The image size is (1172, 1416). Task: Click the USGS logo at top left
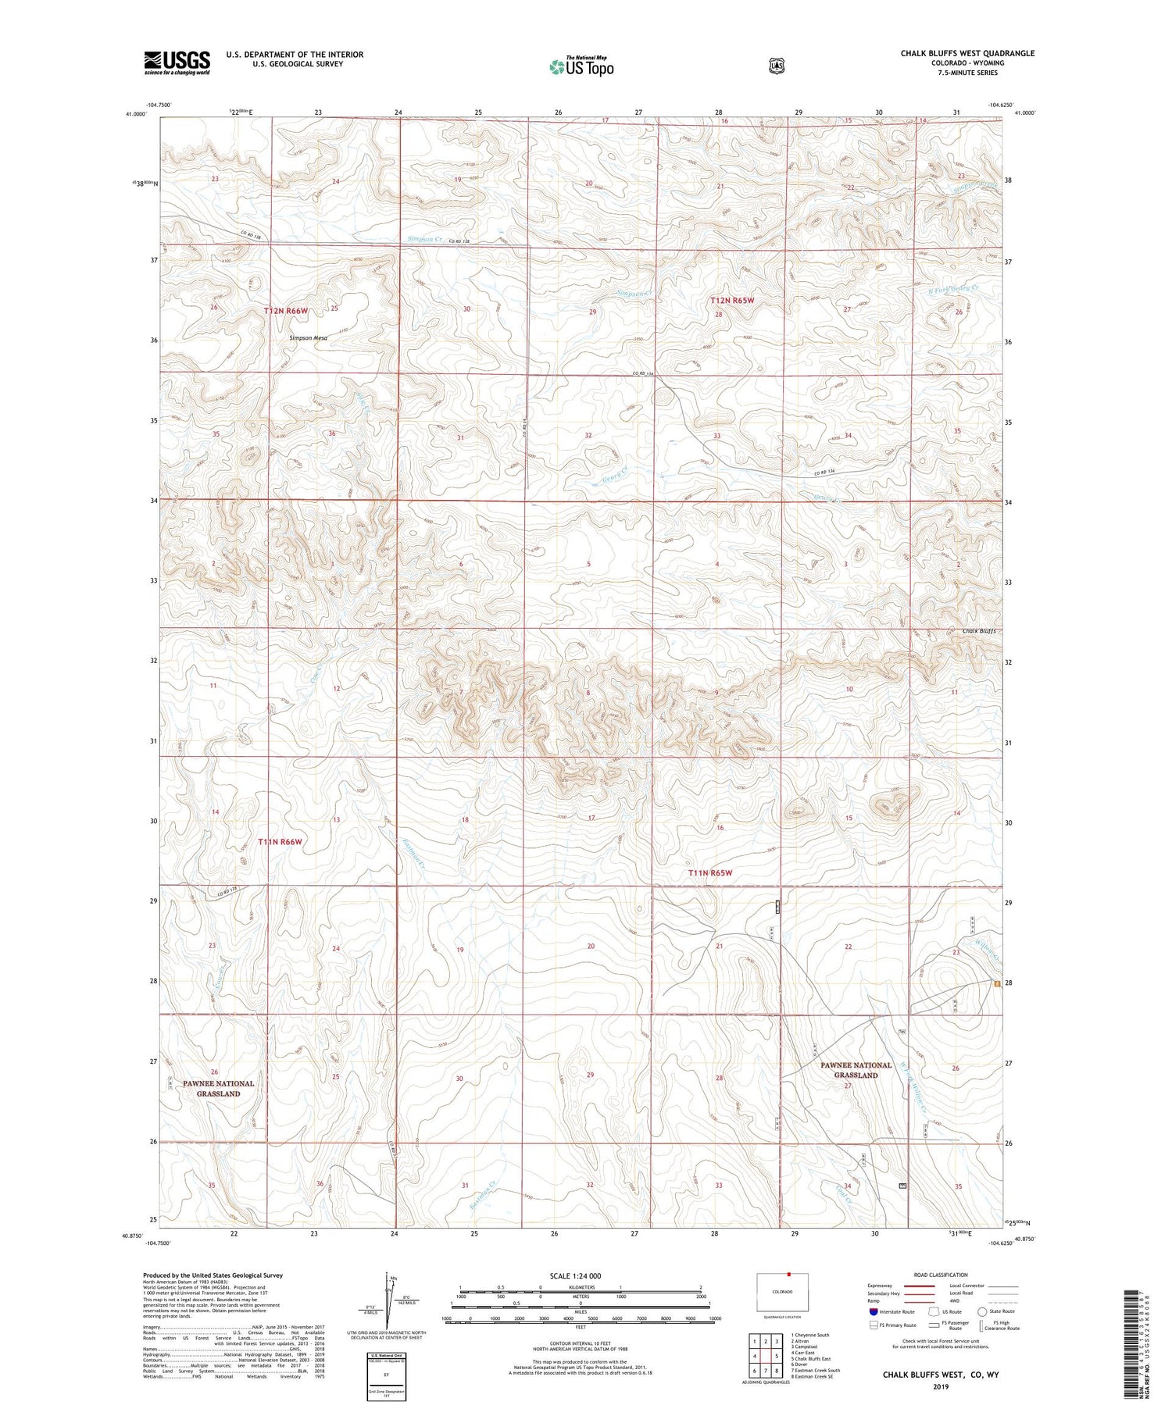coord(177,62)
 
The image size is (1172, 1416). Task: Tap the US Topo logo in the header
coord(582,66)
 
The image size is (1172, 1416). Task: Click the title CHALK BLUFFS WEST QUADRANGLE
coord(967,53)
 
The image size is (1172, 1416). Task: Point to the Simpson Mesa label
coord(308,338)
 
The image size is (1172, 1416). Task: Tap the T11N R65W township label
coord(710,872)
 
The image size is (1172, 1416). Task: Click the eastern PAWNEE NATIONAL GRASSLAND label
coord(856,1069)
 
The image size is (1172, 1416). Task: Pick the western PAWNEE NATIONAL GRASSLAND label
coord(218,1088)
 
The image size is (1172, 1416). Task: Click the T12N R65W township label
coord(732,300)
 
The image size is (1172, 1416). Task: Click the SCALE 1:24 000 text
coord(575,1275)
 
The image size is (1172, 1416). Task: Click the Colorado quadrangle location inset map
coord(782,1293)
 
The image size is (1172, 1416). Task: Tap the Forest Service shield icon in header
coord(776,66)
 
